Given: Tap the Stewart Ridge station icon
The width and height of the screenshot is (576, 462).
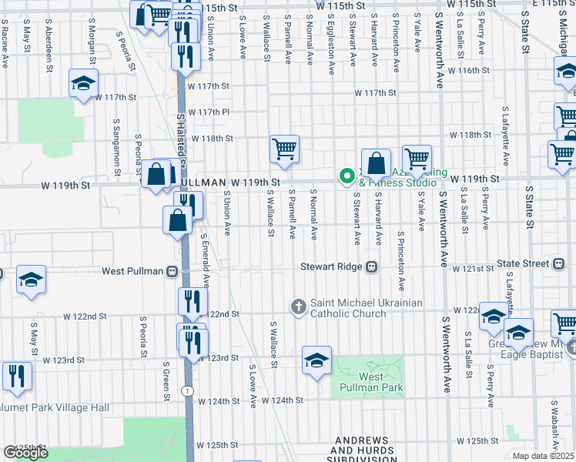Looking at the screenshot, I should [x=371, y=267].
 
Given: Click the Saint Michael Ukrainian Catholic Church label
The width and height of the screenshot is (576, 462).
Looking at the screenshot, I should [x=366, y=308].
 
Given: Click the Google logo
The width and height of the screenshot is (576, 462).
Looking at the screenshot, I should [x=25, y=453].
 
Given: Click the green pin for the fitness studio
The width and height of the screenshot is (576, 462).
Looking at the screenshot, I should [x=347, y=176].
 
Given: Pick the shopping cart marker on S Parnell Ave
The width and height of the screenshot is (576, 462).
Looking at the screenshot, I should [x=284, y=149].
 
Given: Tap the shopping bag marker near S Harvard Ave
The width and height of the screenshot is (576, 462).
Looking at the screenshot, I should [x=376, y=163].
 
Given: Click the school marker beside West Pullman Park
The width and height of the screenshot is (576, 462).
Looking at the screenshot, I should [x=316, y=360].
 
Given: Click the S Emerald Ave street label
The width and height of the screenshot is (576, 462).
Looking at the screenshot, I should [x=206, y=257].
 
